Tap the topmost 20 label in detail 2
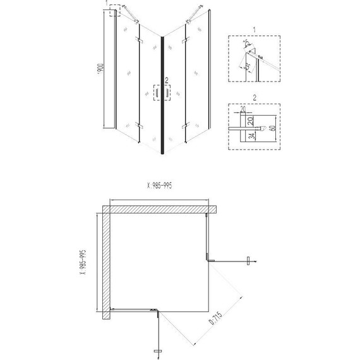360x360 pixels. tap(243, 109)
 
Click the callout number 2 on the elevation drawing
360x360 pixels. tap(166, 80)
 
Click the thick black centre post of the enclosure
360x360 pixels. tap(162, 95)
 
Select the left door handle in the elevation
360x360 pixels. tap(156, 93)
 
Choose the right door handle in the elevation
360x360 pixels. tap(168, 93)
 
